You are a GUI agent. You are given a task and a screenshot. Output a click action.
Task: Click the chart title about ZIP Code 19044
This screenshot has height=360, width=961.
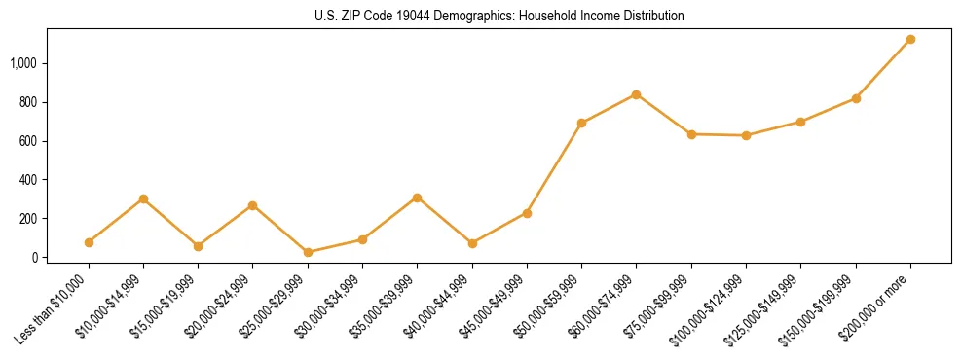[499, 16]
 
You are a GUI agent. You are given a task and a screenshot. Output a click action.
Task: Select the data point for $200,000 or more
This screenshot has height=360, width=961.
[910, 39]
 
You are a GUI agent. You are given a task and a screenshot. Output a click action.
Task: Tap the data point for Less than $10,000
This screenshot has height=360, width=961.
[89, 242]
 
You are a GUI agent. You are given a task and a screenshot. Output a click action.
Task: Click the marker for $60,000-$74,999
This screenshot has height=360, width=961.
[636, 94]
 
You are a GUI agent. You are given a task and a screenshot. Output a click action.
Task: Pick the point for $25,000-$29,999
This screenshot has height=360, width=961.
[308, 253]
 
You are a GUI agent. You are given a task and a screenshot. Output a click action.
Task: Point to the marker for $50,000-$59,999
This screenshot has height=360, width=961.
[581, 123]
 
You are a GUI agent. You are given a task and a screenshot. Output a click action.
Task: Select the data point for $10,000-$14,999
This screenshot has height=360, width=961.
[143, 198]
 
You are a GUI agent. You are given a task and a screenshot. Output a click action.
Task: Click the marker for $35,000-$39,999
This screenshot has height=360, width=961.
[417, 198]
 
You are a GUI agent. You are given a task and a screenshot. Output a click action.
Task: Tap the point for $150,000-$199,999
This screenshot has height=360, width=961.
[856, 98]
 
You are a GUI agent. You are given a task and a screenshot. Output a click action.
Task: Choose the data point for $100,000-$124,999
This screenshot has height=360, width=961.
[746, 135]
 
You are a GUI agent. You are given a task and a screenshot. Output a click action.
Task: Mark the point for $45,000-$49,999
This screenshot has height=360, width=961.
[527, 213]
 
